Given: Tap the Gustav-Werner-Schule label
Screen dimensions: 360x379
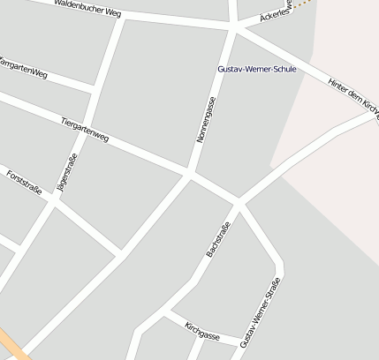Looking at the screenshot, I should tap(257, 69).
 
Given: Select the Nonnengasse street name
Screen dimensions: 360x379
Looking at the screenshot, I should tap(205, 120).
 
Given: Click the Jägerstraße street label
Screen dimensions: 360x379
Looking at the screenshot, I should tap(67, 173).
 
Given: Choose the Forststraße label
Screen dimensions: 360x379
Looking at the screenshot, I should tap(24, 187).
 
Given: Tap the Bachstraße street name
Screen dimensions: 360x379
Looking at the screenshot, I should tap(217, 240).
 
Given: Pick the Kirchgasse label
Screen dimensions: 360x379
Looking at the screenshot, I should tap(202, 332).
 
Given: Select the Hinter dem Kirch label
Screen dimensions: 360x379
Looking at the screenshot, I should tap(352, 94).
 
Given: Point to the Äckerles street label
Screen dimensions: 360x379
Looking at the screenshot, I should tap(276, 15).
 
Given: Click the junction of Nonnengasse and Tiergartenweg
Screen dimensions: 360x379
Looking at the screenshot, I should tap(190, 172).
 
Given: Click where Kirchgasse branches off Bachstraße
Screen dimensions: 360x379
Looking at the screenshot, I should tap(166, 311).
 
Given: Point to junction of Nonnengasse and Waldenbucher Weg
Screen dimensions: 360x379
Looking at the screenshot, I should tap(234, 26).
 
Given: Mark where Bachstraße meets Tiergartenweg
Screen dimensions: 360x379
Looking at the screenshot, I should tap(239, 201).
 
